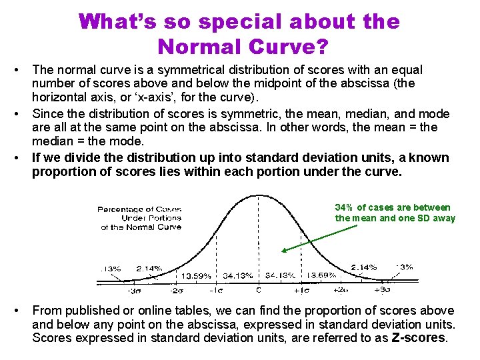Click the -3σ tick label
[x=134, y=290]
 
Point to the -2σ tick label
[x=176, y=290]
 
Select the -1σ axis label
[x=217, y=290]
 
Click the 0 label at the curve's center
[x=259, y=290]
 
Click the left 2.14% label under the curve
[x=149, y=268]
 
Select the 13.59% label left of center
[x=197, y=275]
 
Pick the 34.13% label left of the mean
[x=237, y=275]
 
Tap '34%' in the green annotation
[x=345, y=207]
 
